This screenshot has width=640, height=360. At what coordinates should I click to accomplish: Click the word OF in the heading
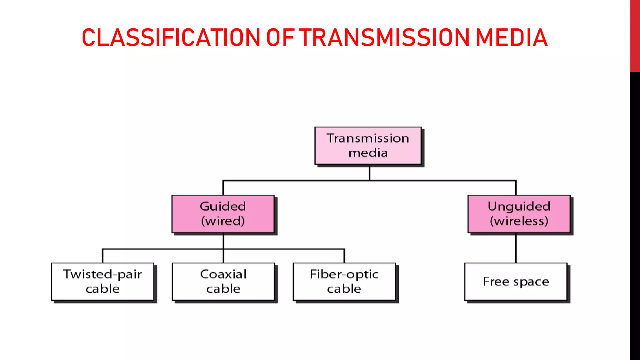[x=280, y=37]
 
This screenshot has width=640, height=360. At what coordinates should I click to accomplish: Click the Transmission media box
[x=368, y=146]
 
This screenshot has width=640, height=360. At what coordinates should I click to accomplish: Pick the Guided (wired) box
[x=223, y=214]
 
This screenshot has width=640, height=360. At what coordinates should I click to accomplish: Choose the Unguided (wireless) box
[x=519, y=214]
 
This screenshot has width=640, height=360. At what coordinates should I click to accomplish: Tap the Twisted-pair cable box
[x=102, y=282]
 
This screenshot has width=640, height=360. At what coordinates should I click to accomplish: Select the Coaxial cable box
[x=223, y=282]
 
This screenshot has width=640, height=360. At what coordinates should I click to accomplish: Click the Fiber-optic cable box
[x=344, y=282]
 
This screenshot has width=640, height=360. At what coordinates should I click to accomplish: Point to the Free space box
[x=516, y=282]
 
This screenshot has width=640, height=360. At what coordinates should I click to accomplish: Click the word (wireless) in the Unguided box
[x=519, y=221]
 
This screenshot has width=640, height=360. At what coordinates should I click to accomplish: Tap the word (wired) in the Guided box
[x=223, y=221]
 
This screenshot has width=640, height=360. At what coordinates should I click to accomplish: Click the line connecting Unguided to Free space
[x=516, y=248]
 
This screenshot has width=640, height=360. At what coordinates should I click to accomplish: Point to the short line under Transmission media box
[x=369, y=172]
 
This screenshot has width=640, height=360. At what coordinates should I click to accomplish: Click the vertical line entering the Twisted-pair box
[x=102, y=256]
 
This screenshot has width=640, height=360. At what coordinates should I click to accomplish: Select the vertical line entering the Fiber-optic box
[x=344, y=256]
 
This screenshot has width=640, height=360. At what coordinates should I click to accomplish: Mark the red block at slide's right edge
[x=635, y=36]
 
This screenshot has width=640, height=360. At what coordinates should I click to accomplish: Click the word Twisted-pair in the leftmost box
[x=102, y=274]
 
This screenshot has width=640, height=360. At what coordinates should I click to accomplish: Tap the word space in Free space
[x=531, y=282]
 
